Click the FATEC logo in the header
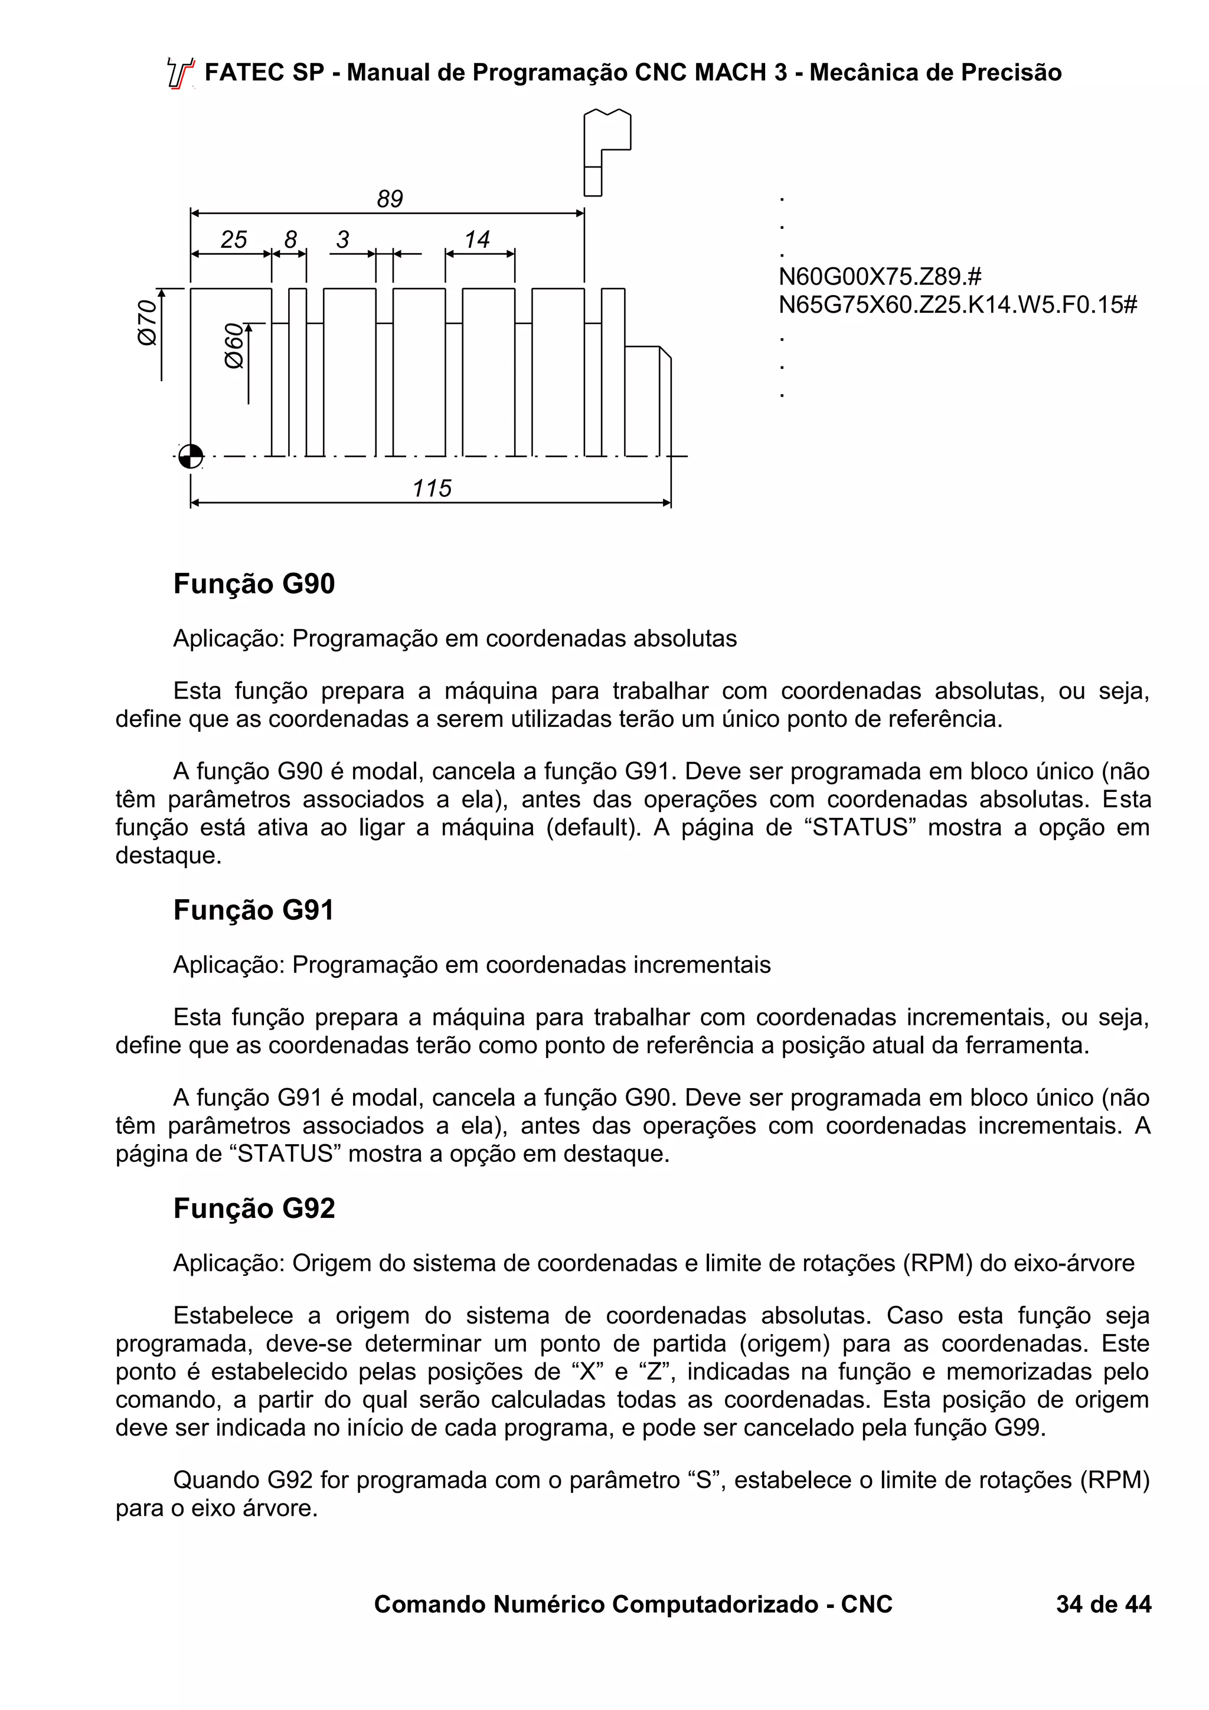click(180, 73)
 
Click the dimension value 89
click(390, 199)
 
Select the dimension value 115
click(432, 488)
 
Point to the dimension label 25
click(233, 239)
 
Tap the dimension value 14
click(477, 239)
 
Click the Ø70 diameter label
click(148, 322)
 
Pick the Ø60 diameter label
click(234, 346)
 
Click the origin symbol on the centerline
click(191, 456)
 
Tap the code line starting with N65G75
click(957, 304)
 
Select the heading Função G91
click(253, 910)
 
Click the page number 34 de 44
click(1103, 1604)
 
